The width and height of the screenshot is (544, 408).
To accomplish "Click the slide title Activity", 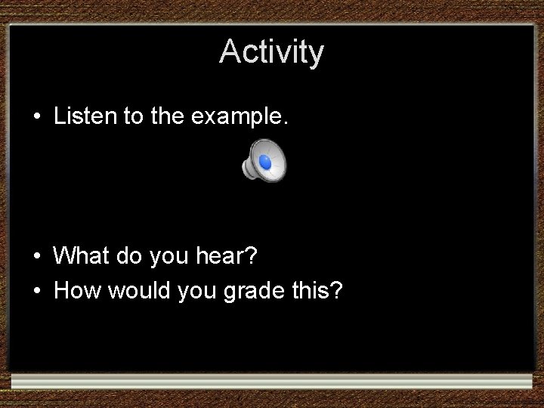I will tap(271, 52).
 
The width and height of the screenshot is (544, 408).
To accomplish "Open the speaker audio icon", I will tap(264, 162).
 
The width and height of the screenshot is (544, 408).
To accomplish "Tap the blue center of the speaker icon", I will tap(265, 162).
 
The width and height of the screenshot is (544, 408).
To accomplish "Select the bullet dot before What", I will tap(36, 258).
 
